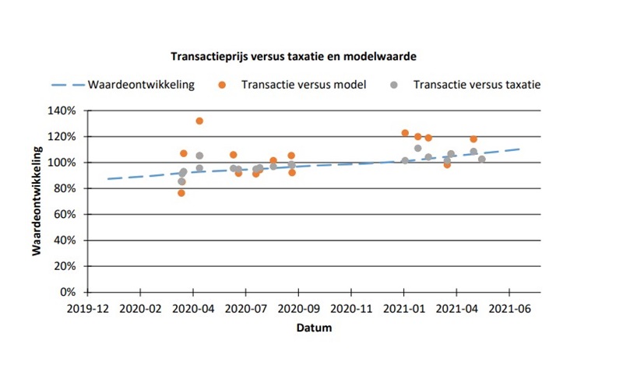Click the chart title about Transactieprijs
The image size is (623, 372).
click(x=294, y=57)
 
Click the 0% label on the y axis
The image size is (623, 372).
click(x=68, y=292)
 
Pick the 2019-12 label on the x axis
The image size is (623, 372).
click(x=87, y=309)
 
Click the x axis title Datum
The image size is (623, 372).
click(x=314, y=328)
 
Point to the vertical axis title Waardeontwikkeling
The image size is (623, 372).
click(x=37, y=201)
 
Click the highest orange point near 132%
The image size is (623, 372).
click(x=199, y=121)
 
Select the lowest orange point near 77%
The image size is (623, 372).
click(x=181, y=192)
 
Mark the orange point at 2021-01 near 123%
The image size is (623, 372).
click(x=405, y=133)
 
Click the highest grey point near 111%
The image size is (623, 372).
click(x=418, y=148)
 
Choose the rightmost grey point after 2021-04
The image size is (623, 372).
click(x=482, y=159)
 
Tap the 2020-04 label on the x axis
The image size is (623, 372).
click(x=192, y=309)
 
